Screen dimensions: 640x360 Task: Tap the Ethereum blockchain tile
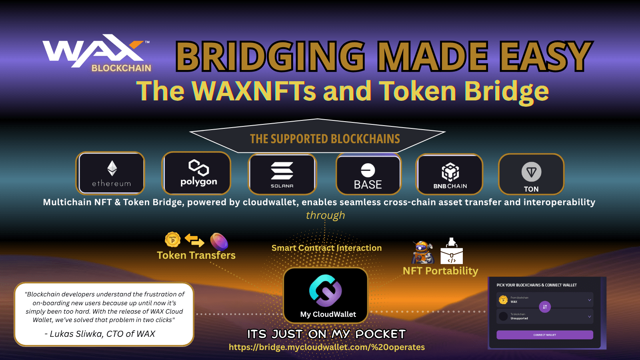(x=111, y=173)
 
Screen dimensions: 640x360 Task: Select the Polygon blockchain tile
(x=196, y=173)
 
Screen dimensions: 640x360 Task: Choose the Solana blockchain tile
(x=282, y=174)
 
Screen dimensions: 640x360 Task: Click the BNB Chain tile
(x=450, y=174)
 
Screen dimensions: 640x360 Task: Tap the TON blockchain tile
(x=531, y=174)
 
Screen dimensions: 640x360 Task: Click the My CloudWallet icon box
(x=326, y=295)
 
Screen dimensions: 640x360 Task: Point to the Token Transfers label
(x=196, y=255)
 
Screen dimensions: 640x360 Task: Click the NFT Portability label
(x=440, y=271)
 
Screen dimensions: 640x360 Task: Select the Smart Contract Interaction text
(x=326, y=248)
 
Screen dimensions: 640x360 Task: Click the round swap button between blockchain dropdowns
(x=545, y=307)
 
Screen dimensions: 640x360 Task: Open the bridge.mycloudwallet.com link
(x=326, y=347)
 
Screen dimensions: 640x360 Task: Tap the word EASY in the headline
(x=546, y=56)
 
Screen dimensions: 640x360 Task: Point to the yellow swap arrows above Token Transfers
(x=194, y=240)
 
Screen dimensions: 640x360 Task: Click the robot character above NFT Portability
(x=422, y=252)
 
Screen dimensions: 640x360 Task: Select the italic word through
(x=325, y=215)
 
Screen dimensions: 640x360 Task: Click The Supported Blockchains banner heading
(x=325, y=139)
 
